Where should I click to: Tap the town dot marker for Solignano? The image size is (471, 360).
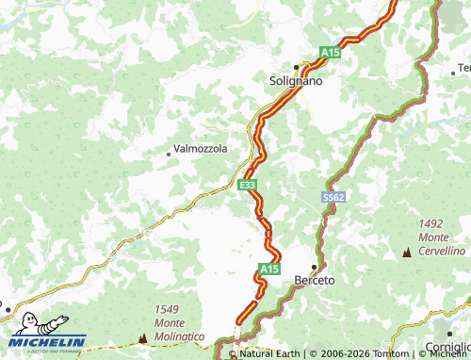296,67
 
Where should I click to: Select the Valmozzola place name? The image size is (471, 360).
201,149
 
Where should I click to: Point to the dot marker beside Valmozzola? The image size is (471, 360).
169,152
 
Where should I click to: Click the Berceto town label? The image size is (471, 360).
315,281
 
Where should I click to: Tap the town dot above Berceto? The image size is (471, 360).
314,267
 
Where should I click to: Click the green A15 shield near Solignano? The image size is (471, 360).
330,53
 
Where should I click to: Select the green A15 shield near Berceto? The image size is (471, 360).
269,270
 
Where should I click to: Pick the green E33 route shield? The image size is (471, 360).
247,186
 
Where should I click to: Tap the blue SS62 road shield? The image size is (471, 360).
332,198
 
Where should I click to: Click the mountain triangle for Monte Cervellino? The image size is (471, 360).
407,253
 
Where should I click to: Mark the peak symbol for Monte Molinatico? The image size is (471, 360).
143,337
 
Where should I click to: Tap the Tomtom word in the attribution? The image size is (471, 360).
382,354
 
